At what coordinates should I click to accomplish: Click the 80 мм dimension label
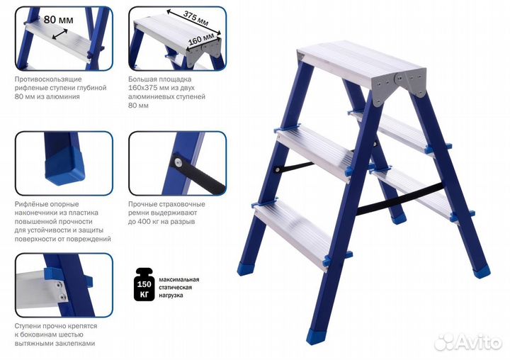59,20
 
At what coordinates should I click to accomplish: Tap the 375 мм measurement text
195,18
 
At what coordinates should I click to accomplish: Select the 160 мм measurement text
201,39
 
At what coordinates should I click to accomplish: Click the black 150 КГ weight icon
144,284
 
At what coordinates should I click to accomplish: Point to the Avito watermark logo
468,341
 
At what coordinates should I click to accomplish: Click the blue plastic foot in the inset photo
65,167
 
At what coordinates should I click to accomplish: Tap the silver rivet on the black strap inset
178,162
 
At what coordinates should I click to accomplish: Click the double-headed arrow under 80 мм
59,34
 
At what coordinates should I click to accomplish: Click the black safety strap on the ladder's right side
400,199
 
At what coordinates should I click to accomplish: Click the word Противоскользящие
48,79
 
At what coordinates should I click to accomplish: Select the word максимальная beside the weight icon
179,280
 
